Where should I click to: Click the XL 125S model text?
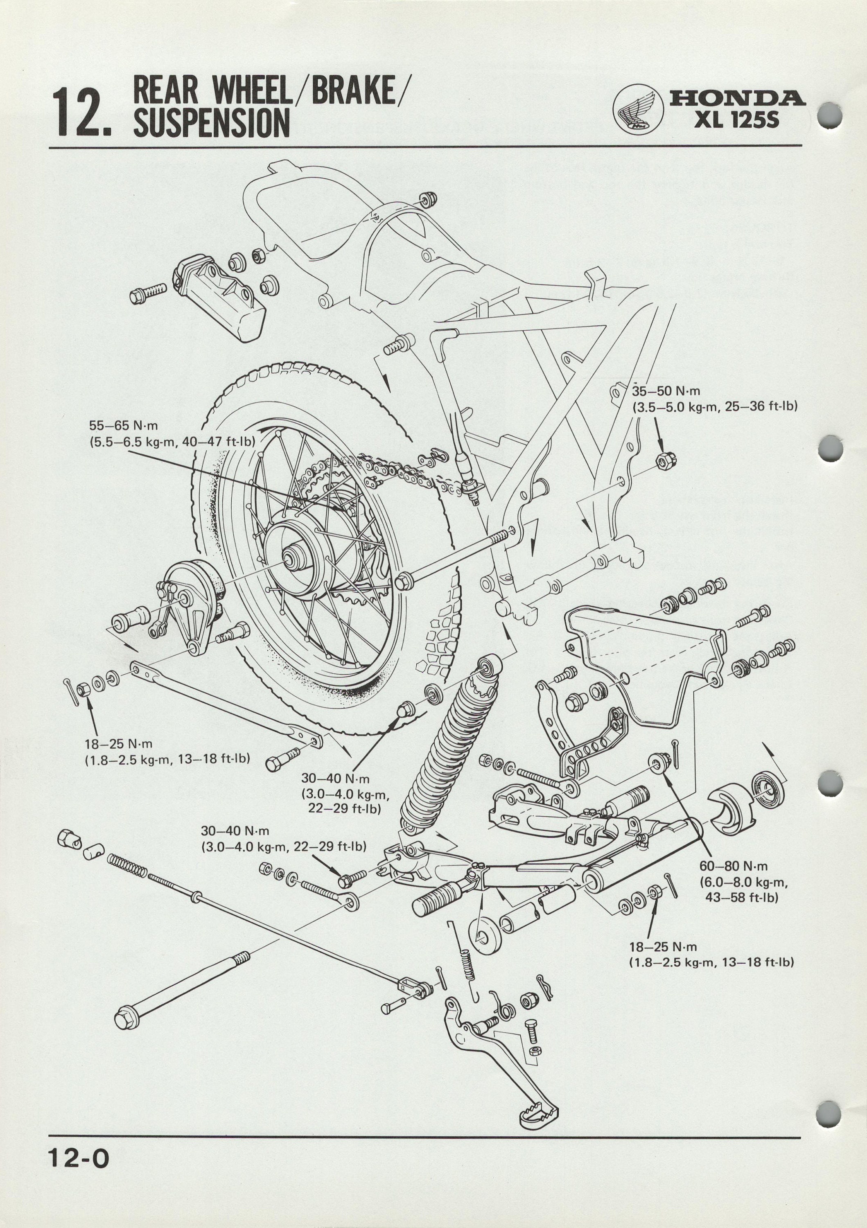(736, 120)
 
